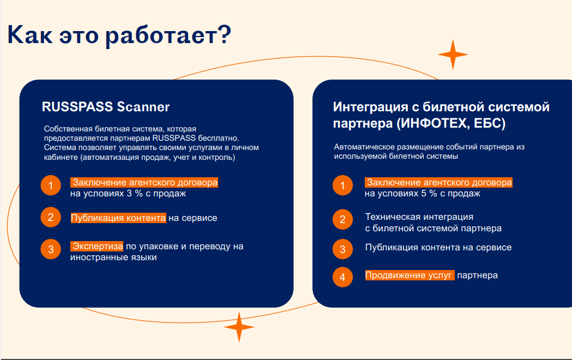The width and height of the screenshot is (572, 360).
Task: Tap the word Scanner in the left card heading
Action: pos(143,107)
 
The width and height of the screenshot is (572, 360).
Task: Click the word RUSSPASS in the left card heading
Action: pos(77,107)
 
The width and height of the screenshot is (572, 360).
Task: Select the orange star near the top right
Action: pos(453,55)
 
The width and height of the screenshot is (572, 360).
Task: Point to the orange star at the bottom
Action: pos(239,327)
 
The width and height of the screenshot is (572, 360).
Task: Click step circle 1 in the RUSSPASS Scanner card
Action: pos(51,185)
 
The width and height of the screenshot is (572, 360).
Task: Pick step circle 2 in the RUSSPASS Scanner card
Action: pos(51,217)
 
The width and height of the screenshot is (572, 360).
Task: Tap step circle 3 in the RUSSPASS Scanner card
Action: pos(51,249)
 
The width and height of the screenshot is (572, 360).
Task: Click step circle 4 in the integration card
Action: pos(342,277)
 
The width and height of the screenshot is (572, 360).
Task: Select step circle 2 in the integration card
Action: pos(342,219)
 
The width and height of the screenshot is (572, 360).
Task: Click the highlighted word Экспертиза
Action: pos(97,246)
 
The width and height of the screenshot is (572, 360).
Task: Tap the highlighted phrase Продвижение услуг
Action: pos(410,275)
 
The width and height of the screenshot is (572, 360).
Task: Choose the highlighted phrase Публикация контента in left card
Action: pos(118,218)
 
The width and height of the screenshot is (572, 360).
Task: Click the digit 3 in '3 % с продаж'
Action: pos(129,193)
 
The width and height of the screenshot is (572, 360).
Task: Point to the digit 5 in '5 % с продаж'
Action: pos(424,193)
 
